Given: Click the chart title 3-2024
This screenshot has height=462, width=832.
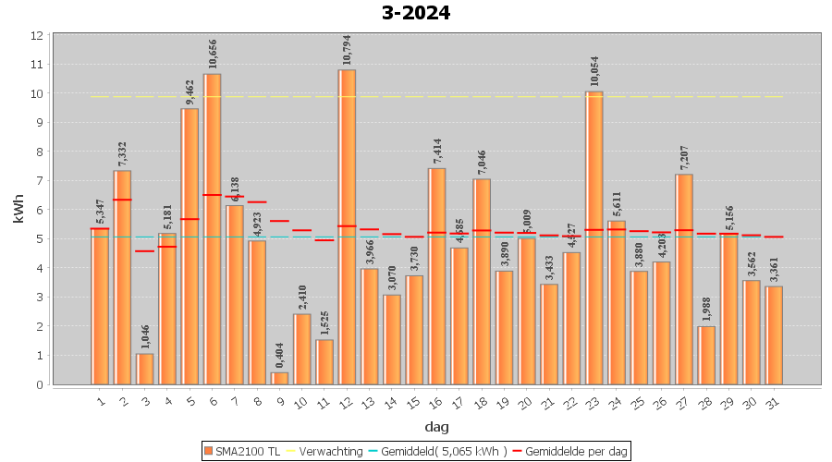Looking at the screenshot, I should (x=416, y=13).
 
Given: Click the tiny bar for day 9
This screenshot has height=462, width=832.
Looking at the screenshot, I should (x=279, y=378).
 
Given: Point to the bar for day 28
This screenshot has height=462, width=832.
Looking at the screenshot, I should (x=706, y=355).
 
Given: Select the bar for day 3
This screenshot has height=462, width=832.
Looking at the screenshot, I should (x=145, y=369).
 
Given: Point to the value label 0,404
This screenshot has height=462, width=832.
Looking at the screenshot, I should (x=279, y=352).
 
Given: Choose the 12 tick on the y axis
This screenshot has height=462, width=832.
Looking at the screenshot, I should (x=37, y=35).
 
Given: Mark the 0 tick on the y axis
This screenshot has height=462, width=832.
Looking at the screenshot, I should (x=37, y=384).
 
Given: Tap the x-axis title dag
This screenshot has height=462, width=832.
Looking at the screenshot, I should (x=436, y=427).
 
